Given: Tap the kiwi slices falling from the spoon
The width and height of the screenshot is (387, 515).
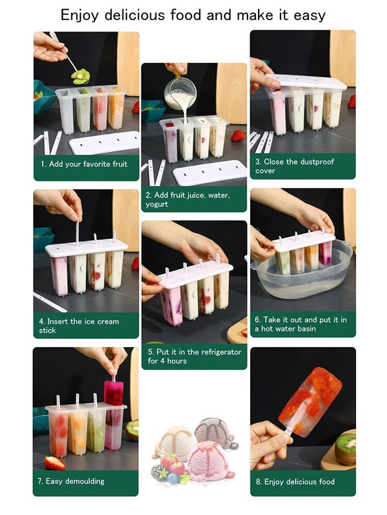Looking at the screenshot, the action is point(80,76).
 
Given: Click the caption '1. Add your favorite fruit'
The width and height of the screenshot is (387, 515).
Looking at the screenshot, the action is point(84,164).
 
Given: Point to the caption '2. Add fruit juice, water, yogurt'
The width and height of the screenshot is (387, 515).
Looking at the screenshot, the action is point(188,200).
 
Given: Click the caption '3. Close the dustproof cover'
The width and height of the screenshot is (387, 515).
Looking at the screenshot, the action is point(295,166).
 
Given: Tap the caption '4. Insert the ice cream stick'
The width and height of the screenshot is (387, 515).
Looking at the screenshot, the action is point(79,326).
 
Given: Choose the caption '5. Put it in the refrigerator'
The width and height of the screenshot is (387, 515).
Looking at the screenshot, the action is point(195,352).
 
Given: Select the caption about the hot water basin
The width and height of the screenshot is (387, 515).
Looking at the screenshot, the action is point(301,324).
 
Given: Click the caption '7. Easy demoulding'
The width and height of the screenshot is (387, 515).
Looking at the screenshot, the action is point(71,482).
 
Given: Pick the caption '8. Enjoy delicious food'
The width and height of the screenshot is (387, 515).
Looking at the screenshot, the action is point(295,482).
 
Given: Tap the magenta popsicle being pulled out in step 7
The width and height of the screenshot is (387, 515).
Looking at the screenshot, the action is point(114,393).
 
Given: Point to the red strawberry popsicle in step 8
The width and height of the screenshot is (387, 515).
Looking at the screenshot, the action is point(310,402).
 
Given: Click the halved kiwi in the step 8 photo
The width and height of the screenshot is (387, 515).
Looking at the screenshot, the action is point(345,449).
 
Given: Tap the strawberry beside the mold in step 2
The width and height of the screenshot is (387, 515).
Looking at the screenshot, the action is point(238,135).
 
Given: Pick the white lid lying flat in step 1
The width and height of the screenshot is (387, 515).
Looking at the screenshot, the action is point(104,142).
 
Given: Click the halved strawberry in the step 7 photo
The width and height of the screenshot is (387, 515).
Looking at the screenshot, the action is point(54,462).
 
